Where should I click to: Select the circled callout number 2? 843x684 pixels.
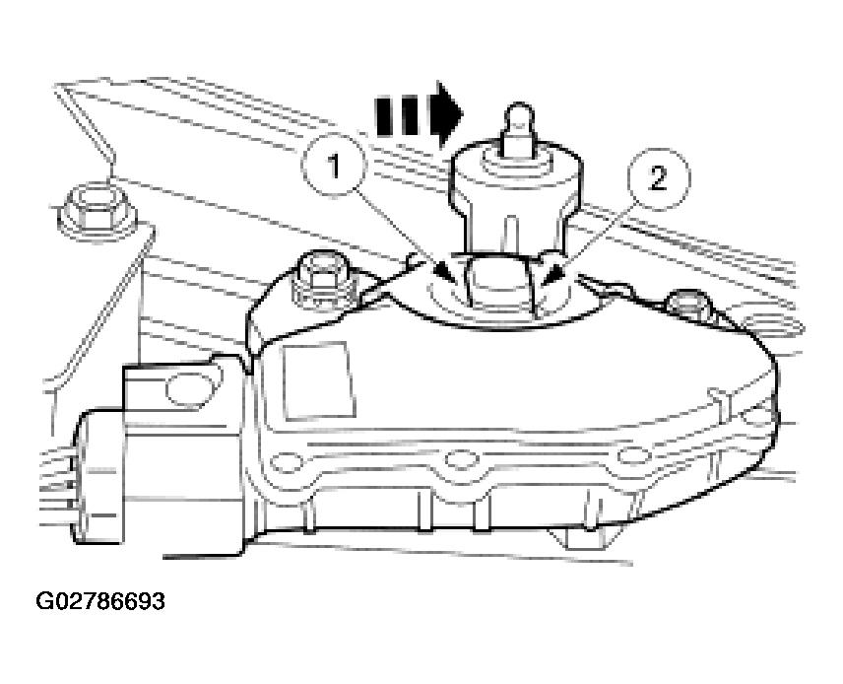[x=658, y=178]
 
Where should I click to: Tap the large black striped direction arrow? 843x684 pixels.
[x=420, y=115]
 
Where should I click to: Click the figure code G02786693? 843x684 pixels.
[x=100, y=600]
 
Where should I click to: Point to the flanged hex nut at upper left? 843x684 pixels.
[x=97, y=212]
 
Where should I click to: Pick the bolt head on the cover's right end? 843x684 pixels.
[x=688, y=305]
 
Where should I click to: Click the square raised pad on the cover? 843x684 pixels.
[x=319, y=380]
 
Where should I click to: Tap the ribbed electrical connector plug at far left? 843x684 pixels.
[x=99, y=476]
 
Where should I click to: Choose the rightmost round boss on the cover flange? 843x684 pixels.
[x=633, y=455]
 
